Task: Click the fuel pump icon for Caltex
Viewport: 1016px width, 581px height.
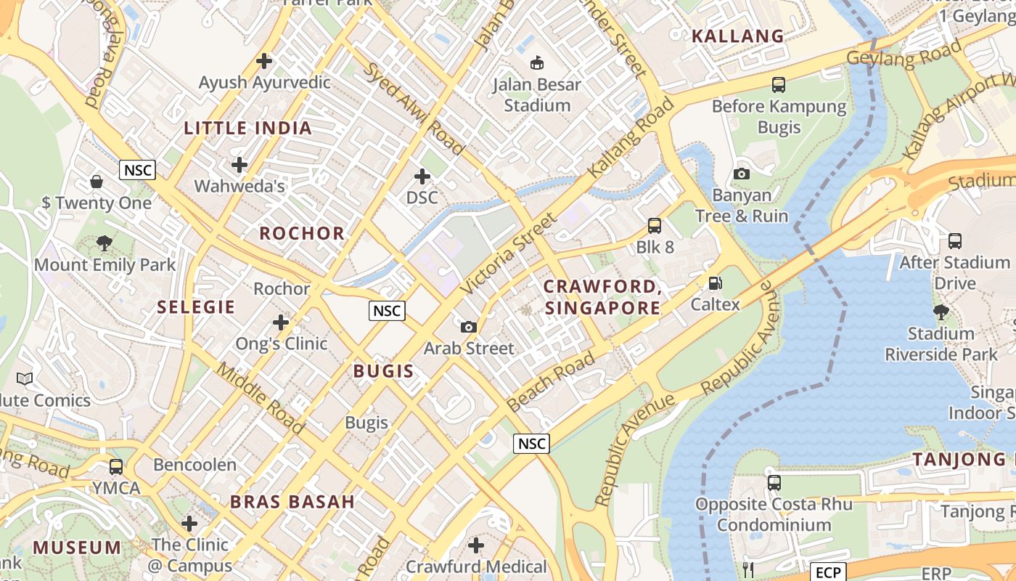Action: [x=715, y=283]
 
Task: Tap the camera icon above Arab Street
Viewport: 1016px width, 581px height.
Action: [x=469, y=327]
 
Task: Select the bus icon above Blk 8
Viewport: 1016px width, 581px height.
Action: [x=655, y=226]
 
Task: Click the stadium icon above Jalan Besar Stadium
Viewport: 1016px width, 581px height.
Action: [x=537, y=63]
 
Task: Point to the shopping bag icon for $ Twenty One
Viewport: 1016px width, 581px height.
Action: [x=97, y=182]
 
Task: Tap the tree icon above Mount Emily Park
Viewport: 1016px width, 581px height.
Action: [x=105, y=243]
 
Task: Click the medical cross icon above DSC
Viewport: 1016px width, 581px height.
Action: [x=422, y=176]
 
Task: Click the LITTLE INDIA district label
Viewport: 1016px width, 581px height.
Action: [x=247, y=129]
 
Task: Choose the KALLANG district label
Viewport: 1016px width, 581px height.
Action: [x=737, y=36]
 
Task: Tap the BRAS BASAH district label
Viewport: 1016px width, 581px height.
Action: [x=292, y=501]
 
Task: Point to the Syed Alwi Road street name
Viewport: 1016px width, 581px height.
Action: [x=414, y=109]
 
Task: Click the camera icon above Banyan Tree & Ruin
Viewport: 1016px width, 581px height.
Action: [x=741, y=174]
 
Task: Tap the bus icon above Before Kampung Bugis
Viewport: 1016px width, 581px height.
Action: [x=779, y=85]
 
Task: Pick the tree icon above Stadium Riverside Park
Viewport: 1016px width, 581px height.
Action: [x=941, y=312]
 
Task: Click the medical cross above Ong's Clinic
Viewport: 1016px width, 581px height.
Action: [x=281, y=322]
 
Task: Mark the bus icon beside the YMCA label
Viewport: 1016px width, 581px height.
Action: [x=116, y=467]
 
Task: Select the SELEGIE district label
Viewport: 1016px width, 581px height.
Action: [x=196, y=307]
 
